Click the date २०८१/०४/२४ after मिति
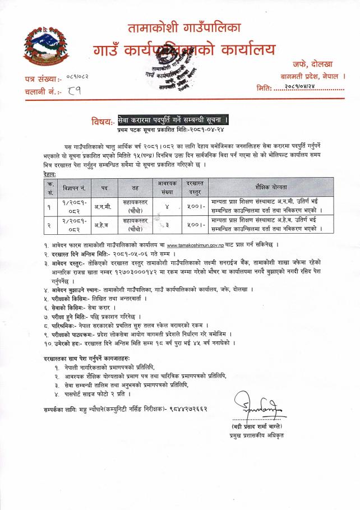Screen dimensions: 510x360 307,87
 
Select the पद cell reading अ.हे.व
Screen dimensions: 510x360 104,224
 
